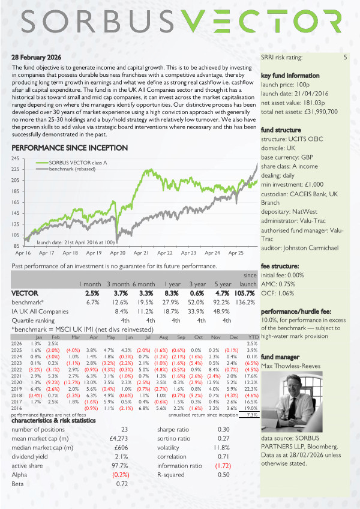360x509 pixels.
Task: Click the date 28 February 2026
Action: (x=37, y=57)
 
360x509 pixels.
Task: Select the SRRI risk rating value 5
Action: (x=345, y=58)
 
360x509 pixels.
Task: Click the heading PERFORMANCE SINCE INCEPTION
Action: (x=70, y=148)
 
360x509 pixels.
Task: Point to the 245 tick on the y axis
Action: (x=17, y=158)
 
